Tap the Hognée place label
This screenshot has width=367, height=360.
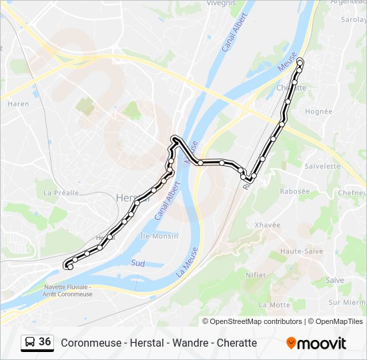318,111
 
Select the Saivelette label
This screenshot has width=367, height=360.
322,166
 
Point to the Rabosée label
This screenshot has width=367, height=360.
294,191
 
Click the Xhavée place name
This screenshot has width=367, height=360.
267,225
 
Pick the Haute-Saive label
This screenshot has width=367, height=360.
301,251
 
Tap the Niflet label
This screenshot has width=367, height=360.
256,274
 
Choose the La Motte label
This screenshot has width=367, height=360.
274,305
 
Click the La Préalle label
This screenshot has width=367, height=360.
61,193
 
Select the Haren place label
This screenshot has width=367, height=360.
18,104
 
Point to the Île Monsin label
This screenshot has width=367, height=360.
159,236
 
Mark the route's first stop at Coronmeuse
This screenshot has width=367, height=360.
69,267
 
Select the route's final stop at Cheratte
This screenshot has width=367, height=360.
299,61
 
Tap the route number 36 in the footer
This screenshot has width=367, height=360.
45,341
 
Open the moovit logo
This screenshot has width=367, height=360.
316,343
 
